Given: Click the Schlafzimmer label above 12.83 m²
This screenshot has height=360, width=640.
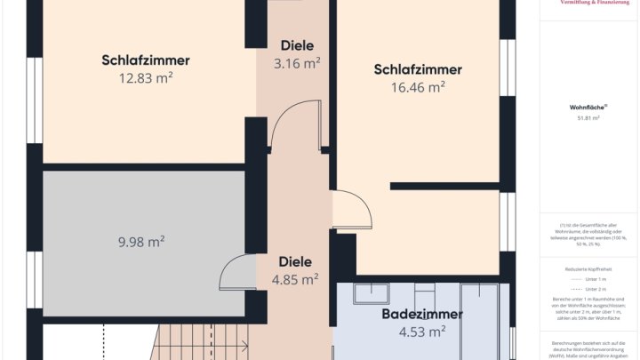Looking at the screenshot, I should pyautogui.click(x=146, y=60).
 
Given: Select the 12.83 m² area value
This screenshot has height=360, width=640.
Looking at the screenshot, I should pyautogui.click(x=146, y=78).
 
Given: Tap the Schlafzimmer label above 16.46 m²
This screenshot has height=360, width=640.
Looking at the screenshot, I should pyautogui.click(x=418, y=69).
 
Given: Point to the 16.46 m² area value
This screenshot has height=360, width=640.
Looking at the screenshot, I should pyautogui.click(x=418, y=87).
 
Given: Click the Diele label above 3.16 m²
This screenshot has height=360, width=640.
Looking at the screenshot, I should pyautogui.click(x=297, y=45).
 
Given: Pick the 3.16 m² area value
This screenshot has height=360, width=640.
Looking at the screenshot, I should pyautogui.click(x=297, y=63).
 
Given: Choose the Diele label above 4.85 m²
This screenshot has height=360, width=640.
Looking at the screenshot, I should pyautogui.click(x=295, y=261).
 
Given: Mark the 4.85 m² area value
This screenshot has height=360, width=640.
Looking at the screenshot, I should pyautogui.click(x=295, y=279).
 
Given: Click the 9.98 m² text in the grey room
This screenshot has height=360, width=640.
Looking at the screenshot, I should pyautogui.click(x=141, y=242).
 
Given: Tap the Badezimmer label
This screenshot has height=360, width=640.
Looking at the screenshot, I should pyautogui.click(x=422, y=315).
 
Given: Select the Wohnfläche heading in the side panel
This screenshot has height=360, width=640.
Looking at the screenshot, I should pyautogui.click(x=584, y=107).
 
